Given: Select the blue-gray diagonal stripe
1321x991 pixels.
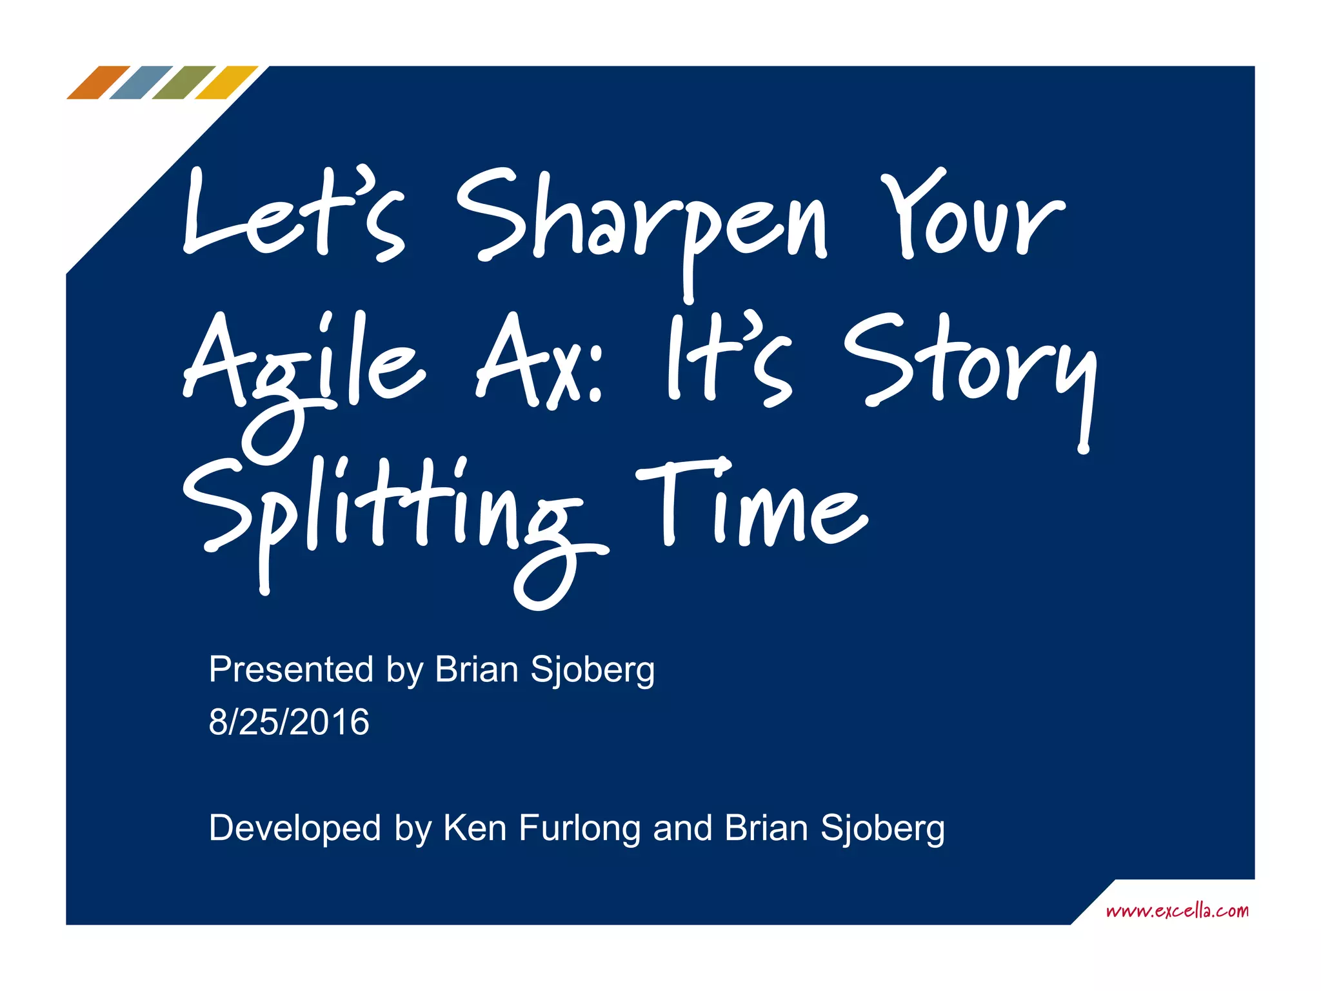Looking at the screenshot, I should pyautogui.click(x=141, y=83).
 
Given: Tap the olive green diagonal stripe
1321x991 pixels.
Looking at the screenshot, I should pyautogui.click(x=183, y=83).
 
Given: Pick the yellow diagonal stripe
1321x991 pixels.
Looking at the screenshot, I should pyautogui.click(x=226, y=83).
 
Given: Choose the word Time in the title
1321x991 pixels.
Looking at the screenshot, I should pyautogui.click(x=751, y=506).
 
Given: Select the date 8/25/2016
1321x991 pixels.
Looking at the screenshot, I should pyautogui.click(x=289, y=722).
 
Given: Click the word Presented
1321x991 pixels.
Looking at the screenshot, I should pyautogui.click(x=291, y=670).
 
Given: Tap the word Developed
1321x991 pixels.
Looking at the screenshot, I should pyautogui.click(x=295, y=828).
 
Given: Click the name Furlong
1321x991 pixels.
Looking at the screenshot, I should pyautogui.click(x=579, y=828).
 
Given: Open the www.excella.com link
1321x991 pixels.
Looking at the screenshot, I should pyautogui.click(x=1177, y=911).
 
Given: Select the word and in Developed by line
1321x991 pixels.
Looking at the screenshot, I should pyautogui.click(x=682, y=828).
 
